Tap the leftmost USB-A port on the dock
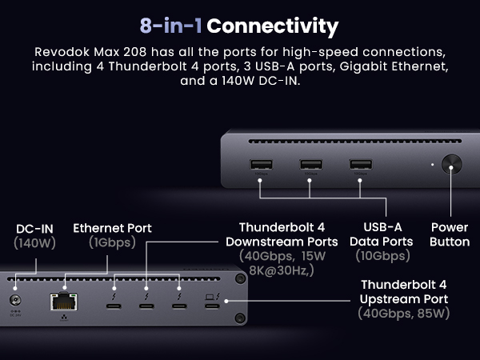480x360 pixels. click(261, 166)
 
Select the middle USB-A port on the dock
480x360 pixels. click(310, 166)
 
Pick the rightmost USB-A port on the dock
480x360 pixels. click(360, 166)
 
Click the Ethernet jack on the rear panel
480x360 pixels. click(61, 302)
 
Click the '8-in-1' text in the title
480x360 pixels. click(170, 26)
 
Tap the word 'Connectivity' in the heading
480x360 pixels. click(272, 26)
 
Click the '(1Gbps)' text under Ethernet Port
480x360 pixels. click(112, 242)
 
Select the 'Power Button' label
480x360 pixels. click(450, 234)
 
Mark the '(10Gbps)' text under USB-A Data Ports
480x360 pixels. click(382, 256)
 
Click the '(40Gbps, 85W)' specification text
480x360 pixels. click(403, 314)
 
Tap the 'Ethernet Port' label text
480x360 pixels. click(112, 228)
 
